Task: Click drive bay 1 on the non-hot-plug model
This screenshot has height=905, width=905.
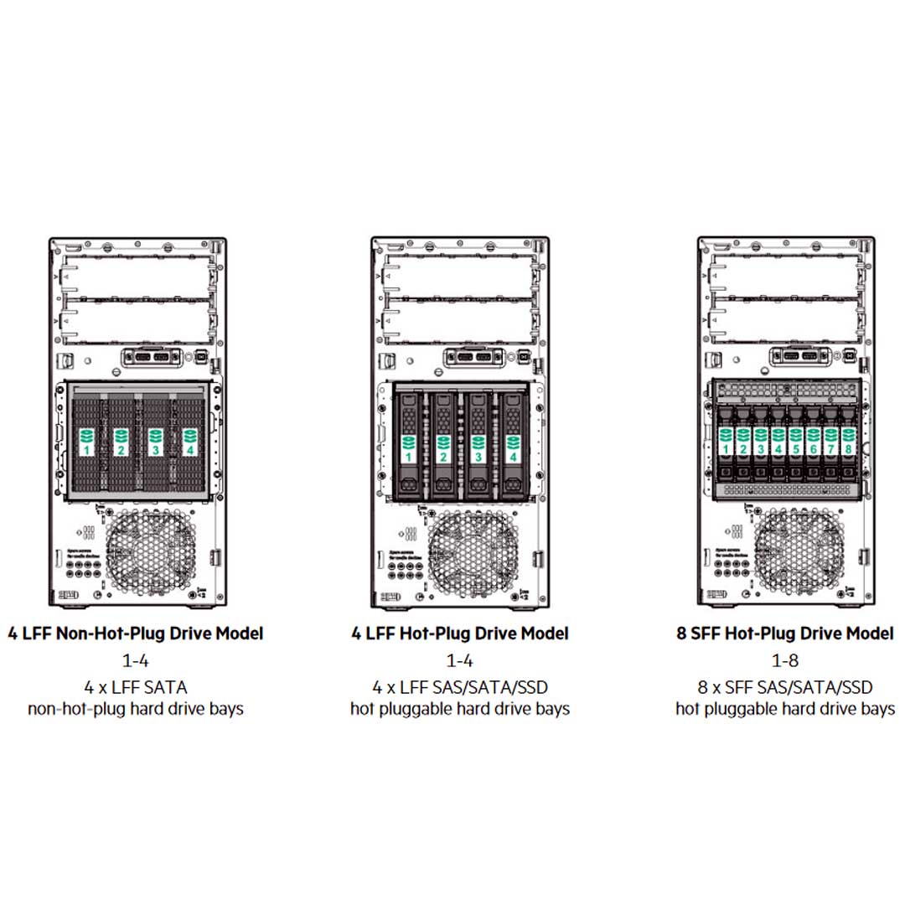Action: (86, 442)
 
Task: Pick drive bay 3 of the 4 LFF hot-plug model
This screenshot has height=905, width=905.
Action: (478, 448)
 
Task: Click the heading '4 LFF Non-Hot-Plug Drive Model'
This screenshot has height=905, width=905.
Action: (135, 633)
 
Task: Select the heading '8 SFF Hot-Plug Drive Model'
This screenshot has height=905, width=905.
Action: (785, 633)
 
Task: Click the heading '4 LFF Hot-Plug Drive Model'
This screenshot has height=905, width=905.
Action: (460, 633)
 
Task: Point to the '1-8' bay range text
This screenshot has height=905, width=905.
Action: (785, 660)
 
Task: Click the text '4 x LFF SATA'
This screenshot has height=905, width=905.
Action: (135, 688)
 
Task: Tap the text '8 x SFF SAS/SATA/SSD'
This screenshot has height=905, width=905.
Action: (785, 688)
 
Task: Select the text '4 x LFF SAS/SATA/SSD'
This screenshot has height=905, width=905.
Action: (460, 688)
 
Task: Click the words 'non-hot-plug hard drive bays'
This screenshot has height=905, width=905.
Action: (135, 709)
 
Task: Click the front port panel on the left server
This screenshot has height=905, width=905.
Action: (151, 357)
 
